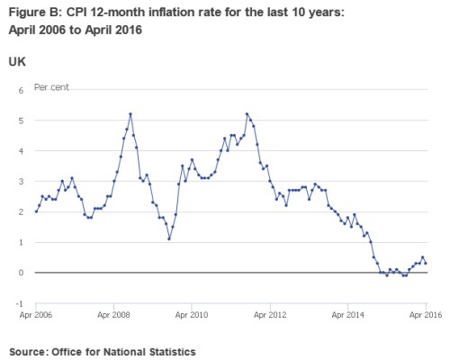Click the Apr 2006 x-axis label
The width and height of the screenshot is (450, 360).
click(34, 316)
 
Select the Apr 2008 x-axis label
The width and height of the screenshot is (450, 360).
click(113, 316)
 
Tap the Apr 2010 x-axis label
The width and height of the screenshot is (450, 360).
click(191, 316)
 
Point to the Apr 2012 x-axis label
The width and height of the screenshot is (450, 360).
click(269, 316)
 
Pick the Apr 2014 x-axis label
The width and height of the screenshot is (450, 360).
click(347, 316)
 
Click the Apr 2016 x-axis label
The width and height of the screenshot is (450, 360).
click(425, 316)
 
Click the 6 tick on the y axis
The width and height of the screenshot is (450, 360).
click(20, 90)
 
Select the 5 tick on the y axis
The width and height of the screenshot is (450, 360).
click(20, 121)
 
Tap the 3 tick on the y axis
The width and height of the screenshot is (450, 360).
click(20, 182)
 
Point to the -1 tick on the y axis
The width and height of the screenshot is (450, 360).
click(19, 303)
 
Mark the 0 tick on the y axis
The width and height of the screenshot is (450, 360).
click(20, 273)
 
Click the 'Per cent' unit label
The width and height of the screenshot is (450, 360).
click(52, 87)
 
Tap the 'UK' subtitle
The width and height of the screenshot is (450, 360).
click(16, 60)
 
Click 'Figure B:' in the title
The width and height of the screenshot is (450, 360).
click(34, 11)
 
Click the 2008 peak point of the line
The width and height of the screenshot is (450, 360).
click(130, 114)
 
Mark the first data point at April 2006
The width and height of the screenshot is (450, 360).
click(35, 211)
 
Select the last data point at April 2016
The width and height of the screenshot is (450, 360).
click(426, 263)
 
